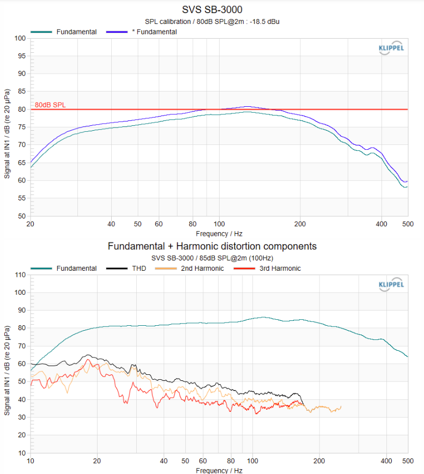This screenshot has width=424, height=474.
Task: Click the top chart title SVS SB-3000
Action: pos(212,9)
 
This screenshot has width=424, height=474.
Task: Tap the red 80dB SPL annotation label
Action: pos(50,105)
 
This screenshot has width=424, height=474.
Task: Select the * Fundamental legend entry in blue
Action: pos(154,32)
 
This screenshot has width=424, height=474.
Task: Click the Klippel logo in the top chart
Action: pos(391,47)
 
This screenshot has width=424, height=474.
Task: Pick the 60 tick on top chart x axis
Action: pos(159,224)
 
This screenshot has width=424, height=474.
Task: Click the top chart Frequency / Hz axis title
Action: pos(219,233)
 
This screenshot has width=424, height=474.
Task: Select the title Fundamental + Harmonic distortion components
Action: pos(212,246)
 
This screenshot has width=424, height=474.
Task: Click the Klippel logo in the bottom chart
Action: pos(391,284)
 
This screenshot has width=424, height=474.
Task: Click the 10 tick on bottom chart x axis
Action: pos(31,460)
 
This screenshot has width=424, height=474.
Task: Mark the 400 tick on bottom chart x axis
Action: pos(386,460)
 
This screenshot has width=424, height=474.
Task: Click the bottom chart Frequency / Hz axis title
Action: pos(219,470)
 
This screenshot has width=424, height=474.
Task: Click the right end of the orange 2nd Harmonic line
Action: pos(341,406)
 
